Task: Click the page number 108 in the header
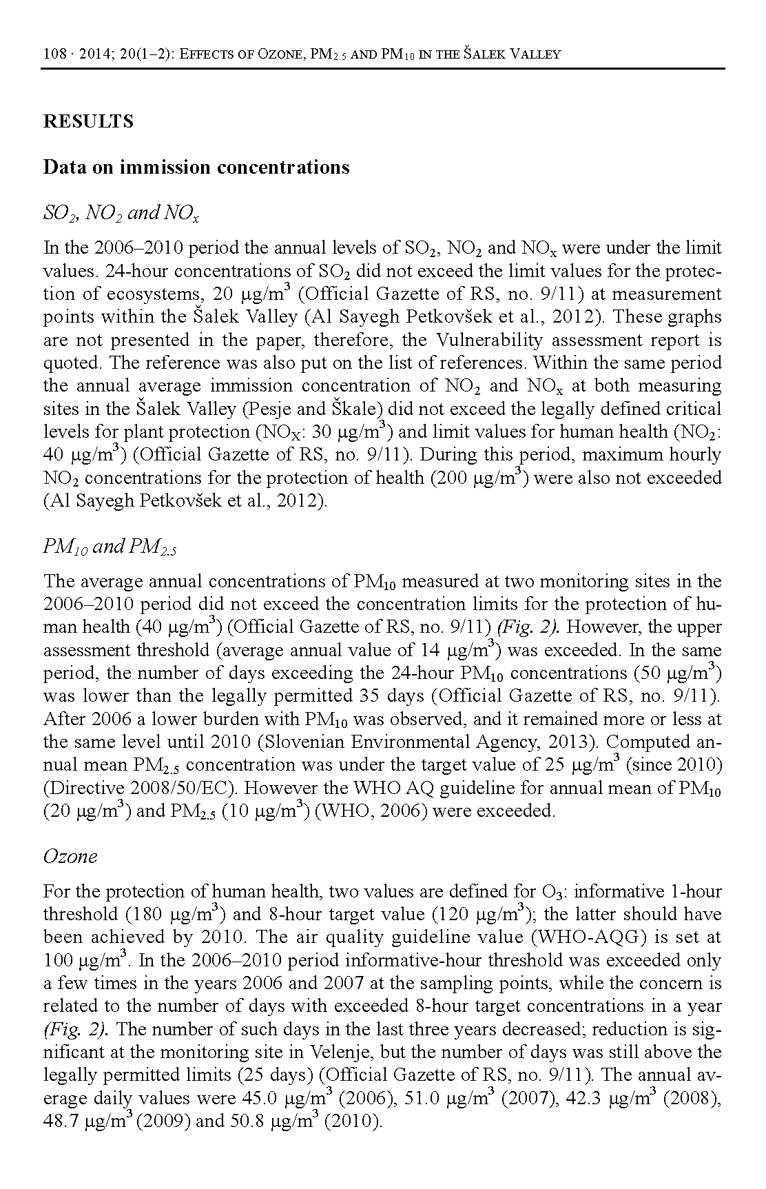point(54,54)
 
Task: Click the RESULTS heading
point(88,121)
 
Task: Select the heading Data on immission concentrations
point(196,167)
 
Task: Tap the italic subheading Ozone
point(70,856)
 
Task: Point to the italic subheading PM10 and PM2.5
point(110,547)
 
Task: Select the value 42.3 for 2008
point(586,1099)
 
